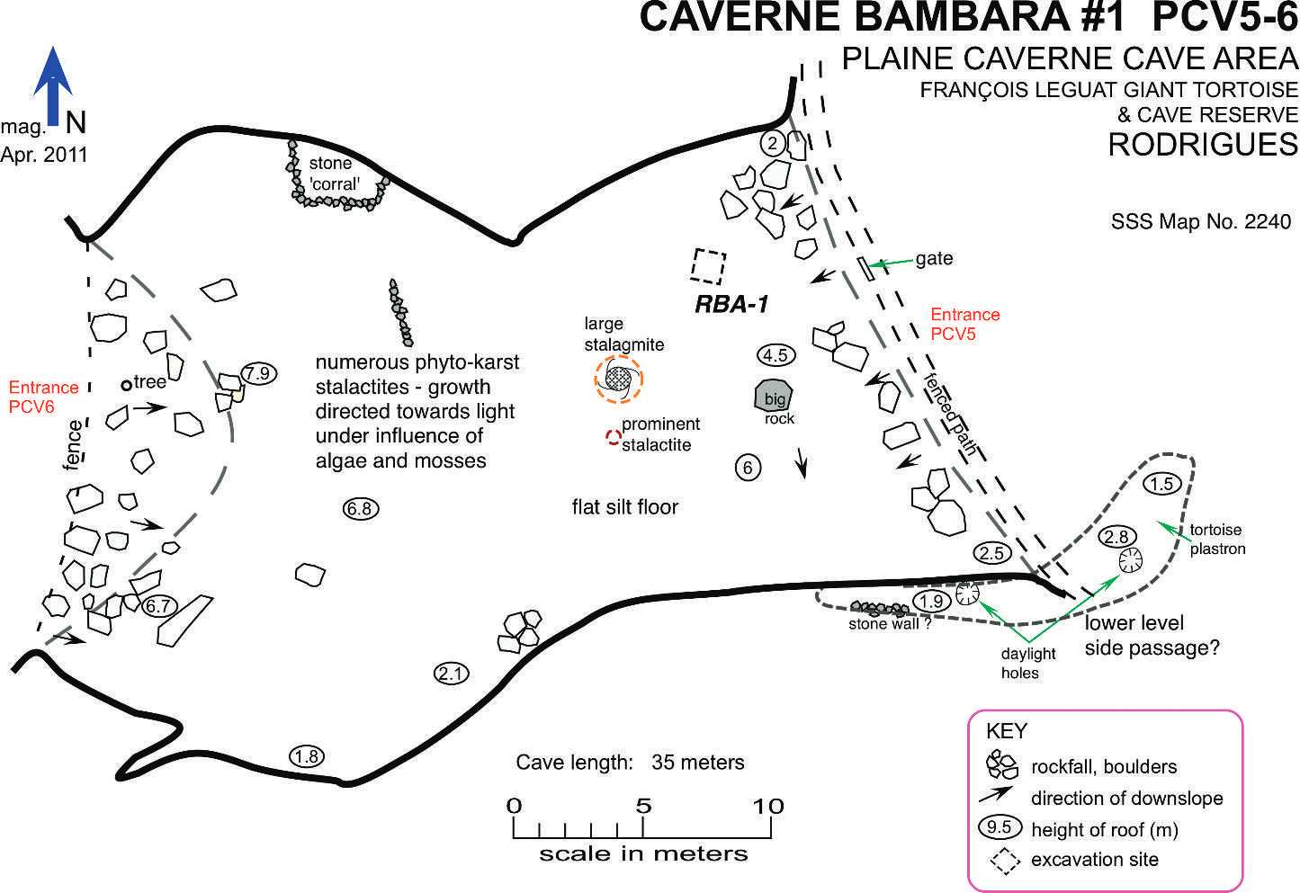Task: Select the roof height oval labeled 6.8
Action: point(360,509)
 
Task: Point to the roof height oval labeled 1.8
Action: point(307,756)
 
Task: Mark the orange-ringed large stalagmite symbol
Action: point(619,378)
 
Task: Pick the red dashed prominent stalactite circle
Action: point(613,438)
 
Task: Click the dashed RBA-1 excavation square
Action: point(709,266)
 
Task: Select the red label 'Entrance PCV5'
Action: point(964,325)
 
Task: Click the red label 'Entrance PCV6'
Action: point(43,397)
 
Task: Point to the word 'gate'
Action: point(934,259)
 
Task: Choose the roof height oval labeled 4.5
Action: point(775,355)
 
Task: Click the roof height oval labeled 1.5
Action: point(1161,484)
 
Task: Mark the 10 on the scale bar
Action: point(769,807)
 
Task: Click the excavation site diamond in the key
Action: point(1005,860)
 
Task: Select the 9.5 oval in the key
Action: point(1000,828)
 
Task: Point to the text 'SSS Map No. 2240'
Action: point(1201,222)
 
